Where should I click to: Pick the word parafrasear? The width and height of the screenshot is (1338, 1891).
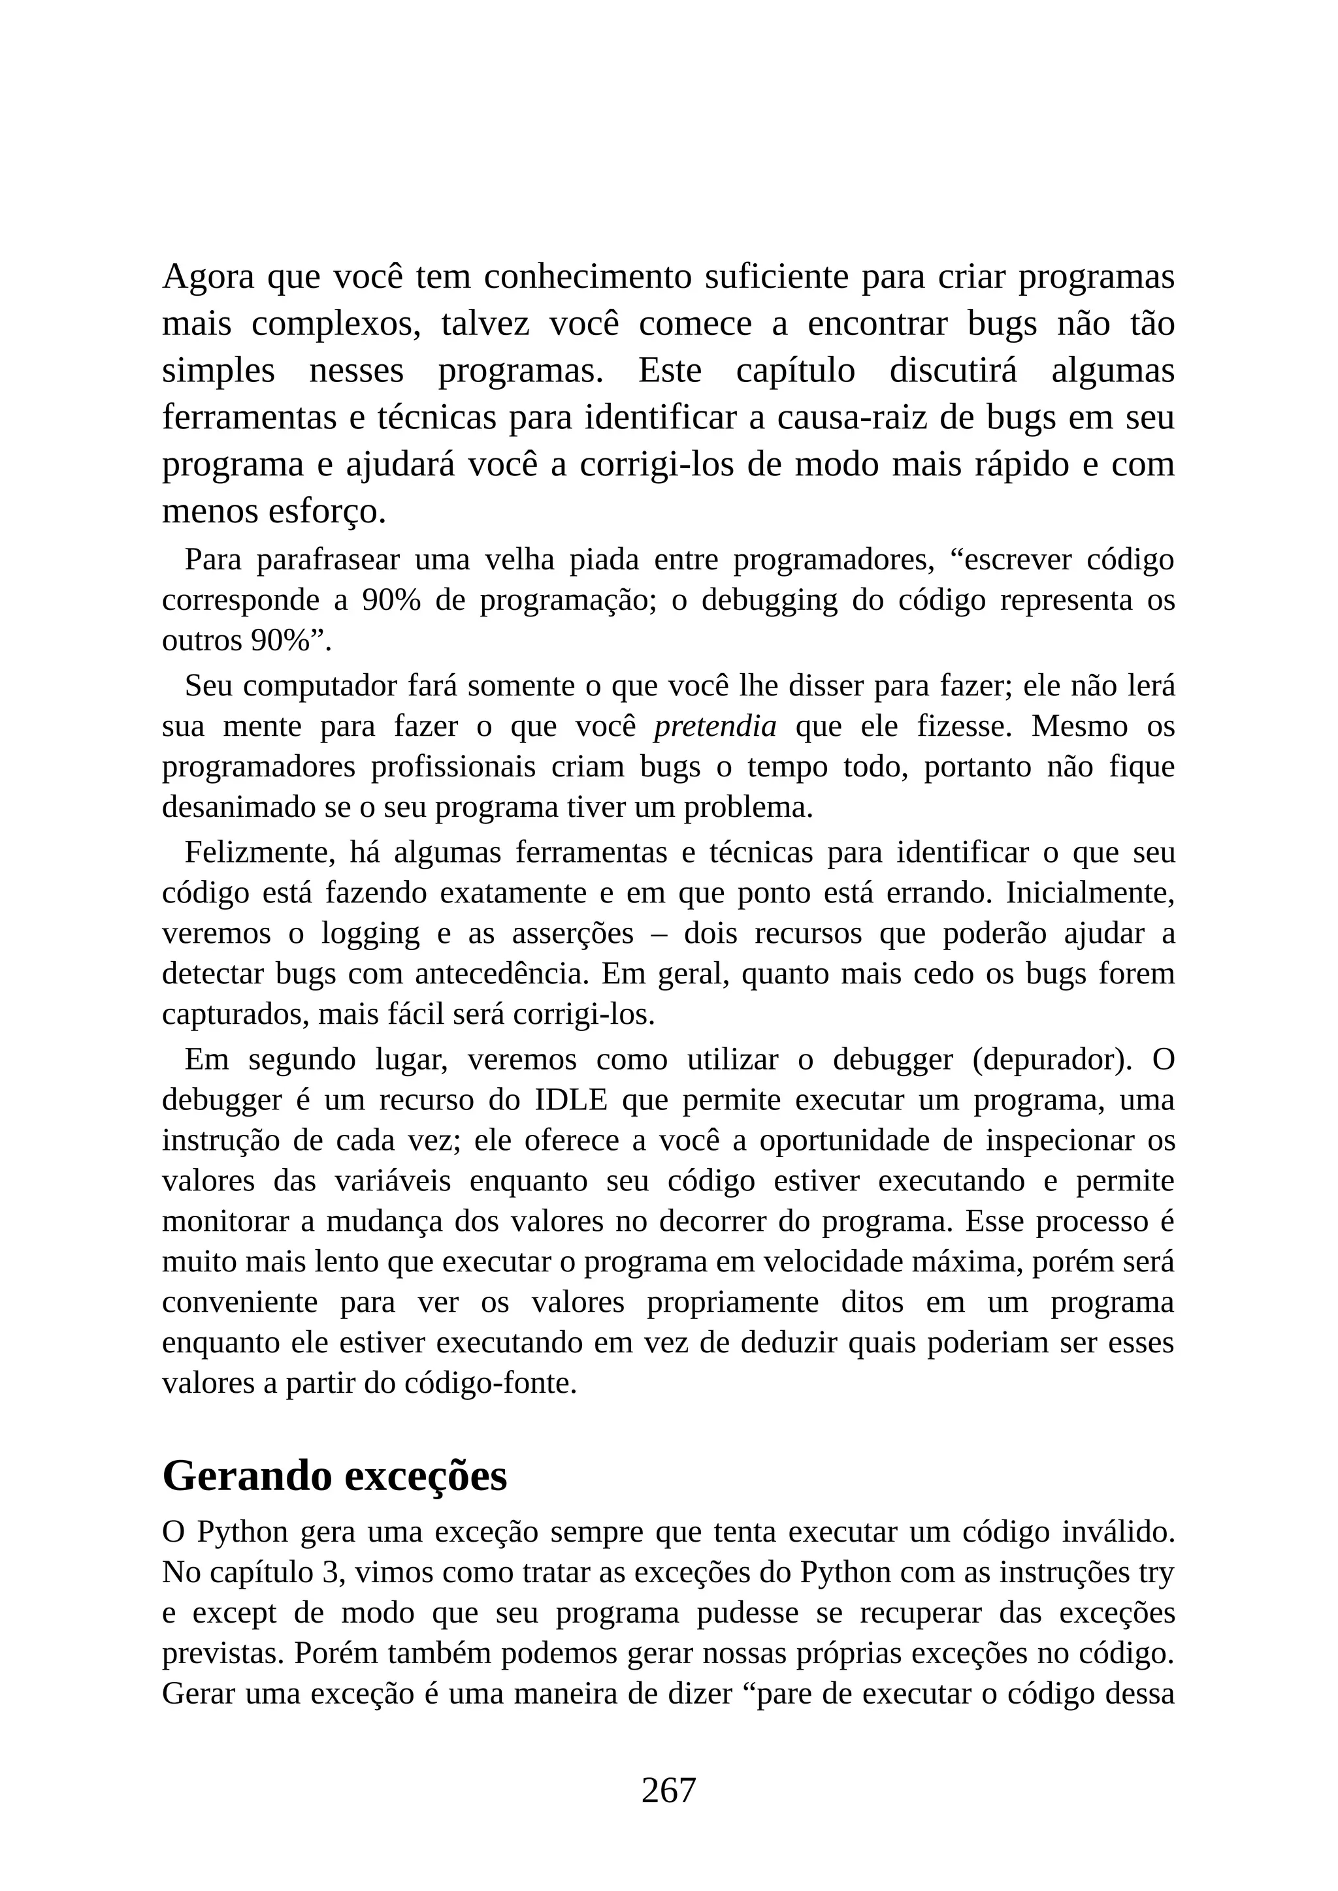point(327,560)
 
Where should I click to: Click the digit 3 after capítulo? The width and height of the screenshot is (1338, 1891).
point(331,1573)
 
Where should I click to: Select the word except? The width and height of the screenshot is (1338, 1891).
point(234,1613)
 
